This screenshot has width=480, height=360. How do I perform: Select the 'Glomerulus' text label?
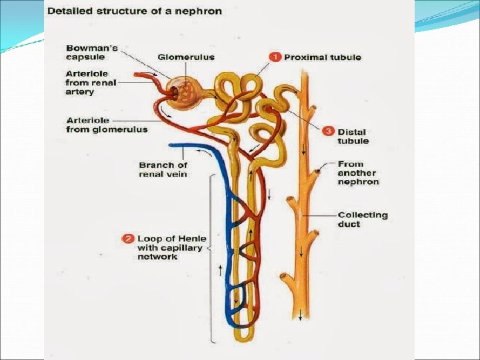tap(186, 57)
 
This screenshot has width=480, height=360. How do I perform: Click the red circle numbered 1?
tap(275, 57)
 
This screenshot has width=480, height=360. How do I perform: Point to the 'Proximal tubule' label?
tap(323, 57)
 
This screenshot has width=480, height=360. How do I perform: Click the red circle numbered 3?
tap(328, 131)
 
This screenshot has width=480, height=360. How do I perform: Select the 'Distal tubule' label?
tap(353, 136)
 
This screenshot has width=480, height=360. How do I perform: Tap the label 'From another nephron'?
tap(358, 172)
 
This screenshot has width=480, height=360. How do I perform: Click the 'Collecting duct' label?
tap(362, 219)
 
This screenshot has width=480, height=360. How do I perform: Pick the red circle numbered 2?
tap(128, 239)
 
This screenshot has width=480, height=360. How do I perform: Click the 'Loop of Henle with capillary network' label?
tap(171, 247)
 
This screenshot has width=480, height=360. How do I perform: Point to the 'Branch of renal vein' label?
tap(163, 169)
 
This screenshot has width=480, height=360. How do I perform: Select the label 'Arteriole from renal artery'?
tap(90, 83)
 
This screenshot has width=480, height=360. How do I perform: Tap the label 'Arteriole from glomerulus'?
tap(107, 125)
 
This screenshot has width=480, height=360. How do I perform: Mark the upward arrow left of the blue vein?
tap(220, 269)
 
